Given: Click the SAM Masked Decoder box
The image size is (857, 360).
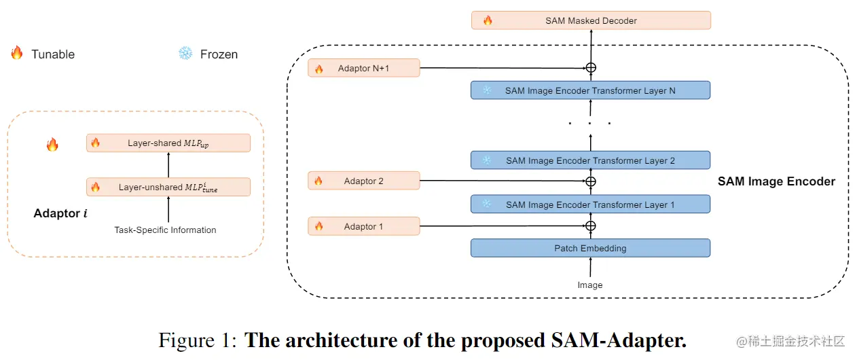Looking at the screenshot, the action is pos(591,20).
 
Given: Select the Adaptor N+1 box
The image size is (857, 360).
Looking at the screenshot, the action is pos(364,68).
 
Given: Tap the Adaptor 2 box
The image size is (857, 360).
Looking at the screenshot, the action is pos(364,181).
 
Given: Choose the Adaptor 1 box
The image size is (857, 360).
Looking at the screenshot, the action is pos(364,226).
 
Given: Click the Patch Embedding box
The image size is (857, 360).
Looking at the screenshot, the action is pos(590,248).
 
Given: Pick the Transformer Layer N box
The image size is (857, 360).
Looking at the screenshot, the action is pos(590,90).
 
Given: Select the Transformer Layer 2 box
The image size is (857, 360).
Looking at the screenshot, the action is pos(590,160).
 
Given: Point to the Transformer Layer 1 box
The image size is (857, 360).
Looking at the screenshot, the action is pos(590,204).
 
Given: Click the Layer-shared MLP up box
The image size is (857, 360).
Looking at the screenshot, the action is pos(168,143).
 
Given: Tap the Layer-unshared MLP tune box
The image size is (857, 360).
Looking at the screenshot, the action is pos(168,187).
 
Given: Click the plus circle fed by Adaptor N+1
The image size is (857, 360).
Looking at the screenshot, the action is pos(591,68).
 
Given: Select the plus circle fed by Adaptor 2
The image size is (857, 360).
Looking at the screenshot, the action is pos(591,181).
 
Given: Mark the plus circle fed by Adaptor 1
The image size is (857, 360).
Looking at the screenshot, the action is pos(591,226).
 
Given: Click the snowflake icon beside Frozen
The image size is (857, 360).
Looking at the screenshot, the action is pos(185,53).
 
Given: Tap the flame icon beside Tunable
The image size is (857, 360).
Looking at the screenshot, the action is pos(17,52).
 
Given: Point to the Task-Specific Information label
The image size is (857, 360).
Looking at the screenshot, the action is pos(165,230).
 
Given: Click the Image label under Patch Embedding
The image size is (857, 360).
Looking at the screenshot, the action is pos(590,285).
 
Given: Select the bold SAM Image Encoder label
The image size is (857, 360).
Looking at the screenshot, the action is pos(776,181).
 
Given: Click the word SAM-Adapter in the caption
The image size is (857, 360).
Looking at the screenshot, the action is pos(619,340).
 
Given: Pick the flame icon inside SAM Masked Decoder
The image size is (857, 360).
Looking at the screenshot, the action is pos(488,20).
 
